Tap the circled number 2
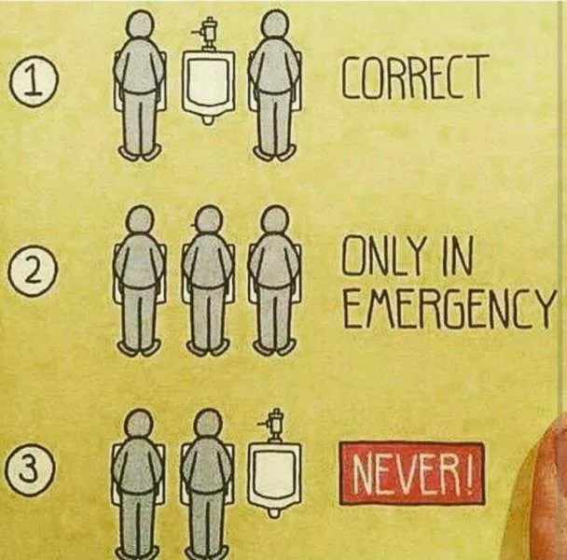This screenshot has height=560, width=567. point(33,273)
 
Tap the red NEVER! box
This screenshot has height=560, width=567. point(411,474)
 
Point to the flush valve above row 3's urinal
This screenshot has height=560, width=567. point(273,426)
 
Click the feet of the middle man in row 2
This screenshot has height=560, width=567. point(208,347)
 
